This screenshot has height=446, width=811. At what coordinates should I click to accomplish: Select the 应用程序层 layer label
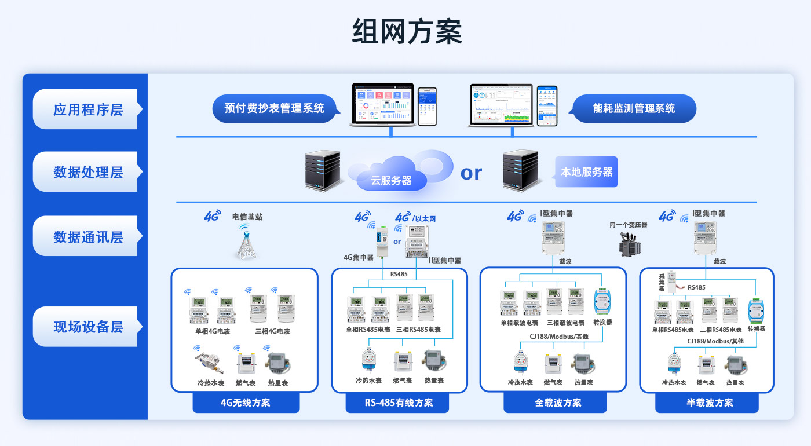88,109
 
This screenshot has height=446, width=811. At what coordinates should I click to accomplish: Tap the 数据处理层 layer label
88,172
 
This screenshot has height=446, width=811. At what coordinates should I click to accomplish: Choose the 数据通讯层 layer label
88,236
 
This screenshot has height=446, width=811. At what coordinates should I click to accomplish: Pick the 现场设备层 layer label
88,327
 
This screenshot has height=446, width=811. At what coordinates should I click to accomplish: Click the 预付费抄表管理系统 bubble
274,108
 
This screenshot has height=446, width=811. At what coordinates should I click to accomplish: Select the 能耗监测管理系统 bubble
634,108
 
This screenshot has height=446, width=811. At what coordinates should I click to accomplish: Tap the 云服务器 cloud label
392,181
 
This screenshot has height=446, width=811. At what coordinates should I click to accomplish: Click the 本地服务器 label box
586,172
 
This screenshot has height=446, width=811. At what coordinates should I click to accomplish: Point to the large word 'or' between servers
471,173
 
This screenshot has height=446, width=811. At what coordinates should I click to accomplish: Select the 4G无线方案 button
246,403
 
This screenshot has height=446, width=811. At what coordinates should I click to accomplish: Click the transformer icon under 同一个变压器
628,244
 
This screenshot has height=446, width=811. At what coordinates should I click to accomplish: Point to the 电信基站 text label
247,217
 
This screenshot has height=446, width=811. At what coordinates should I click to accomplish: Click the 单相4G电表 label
213,332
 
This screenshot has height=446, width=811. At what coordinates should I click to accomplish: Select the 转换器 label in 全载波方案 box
602,322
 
